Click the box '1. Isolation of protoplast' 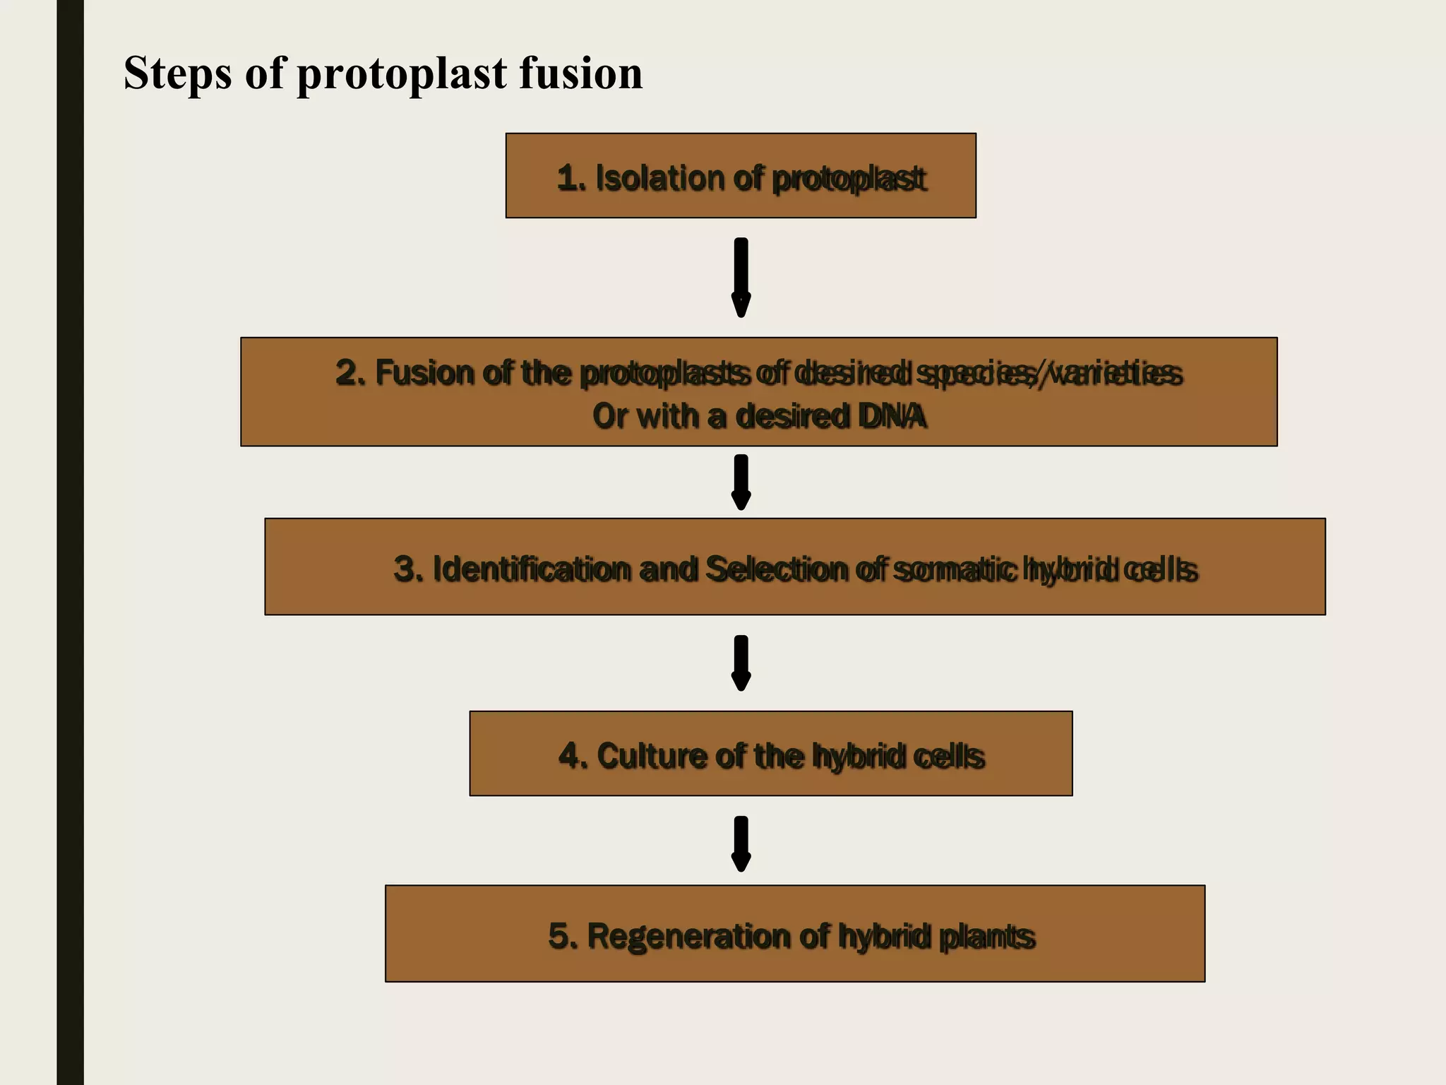741,176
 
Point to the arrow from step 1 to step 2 741,277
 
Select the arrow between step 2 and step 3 741,482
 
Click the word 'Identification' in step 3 531,569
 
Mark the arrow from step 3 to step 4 741,663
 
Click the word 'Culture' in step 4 650,756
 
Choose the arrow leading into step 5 741,843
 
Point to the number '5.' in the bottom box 563,937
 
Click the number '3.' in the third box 409,569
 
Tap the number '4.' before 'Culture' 573,756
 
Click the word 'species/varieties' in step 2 1048,373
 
